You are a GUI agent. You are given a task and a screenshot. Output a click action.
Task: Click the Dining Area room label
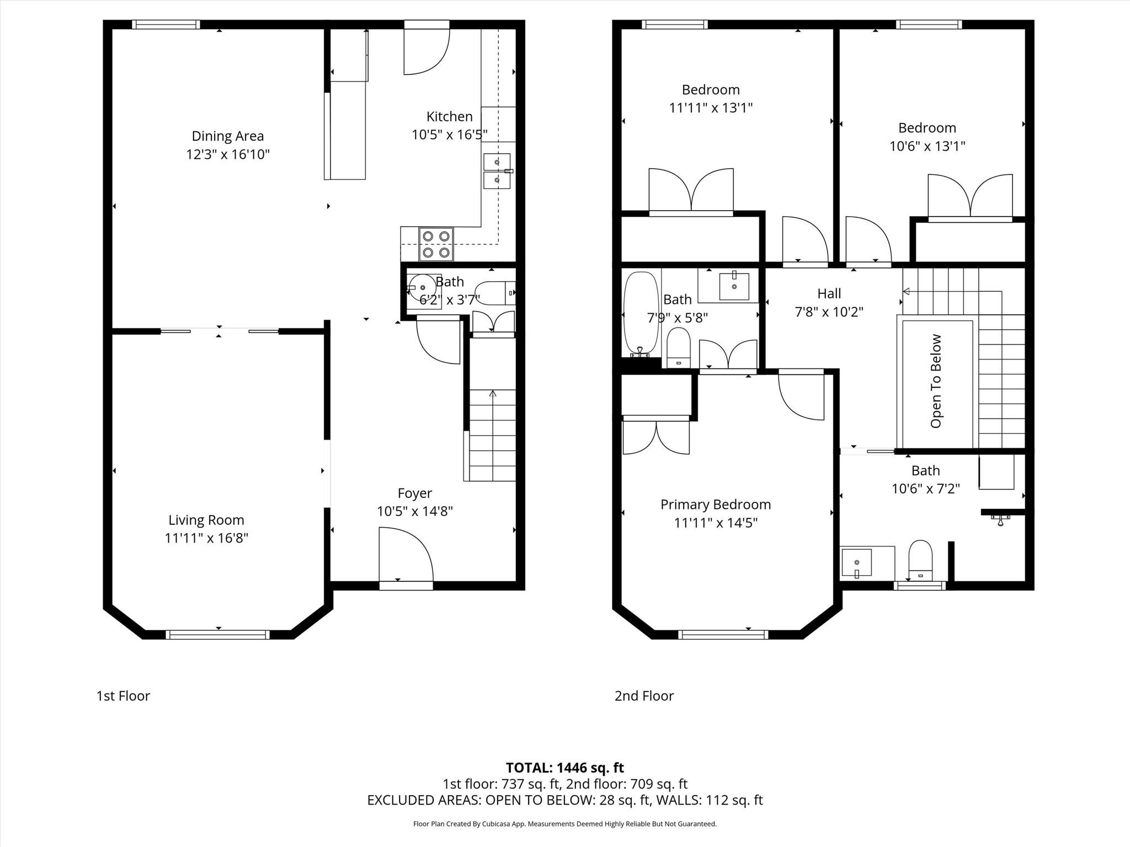228,136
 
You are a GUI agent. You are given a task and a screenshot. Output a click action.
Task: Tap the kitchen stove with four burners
436,244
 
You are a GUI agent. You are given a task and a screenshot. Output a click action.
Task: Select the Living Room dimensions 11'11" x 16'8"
206,538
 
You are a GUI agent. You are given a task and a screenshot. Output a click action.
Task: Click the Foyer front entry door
406,554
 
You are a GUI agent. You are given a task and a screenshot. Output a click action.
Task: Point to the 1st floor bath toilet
495,293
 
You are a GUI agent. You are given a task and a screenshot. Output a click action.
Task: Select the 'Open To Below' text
936,381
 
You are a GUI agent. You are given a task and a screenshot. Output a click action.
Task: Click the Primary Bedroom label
716,505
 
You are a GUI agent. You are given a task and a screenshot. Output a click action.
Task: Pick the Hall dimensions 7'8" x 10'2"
829,312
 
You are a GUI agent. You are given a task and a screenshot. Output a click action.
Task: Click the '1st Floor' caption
123,696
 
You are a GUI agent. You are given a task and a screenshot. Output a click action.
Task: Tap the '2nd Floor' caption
644,696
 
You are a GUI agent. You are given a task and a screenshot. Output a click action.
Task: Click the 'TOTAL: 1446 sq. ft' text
565,768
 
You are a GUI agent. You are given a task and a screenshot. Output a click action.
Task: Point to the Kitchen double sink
497,171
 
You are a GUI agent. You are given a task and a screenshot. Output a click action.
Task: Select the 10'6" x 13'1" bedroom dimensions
928,146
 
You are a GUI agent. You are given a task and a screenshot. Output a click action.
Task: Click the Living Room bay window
218,635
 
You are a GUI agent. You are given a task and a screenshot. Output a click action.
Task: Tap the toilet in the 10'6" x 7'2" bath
920,560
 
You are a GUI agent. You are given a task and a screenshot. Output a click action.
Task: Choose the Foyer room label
415,493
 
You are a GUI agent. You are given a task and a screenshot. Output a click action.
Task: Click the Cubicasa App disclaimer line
565,824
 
